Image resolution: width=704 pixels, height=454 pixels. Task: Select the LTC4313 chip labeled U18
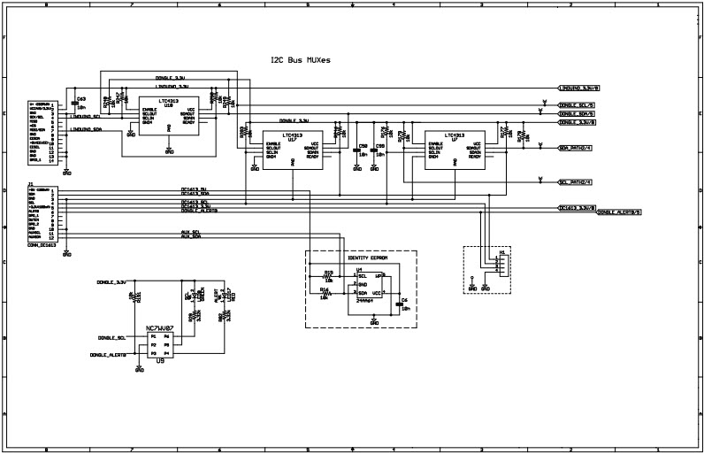(x=169, y=117)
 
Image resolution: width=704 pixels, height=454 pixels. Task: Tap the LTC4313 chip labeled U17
(x=292, y=148)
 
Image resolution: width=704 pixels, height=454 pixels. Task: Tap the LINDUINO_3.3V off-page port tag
(x=579, y=88)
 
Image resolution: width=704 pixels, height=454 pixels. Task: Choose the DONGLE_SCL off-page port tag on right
(x=577, y=105)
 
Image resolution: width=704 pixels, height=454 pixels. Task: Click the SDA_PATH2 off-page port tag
(x=576, y=148)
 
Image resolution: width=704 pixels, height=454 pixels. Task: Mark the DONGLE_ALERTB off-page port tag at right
(x=619, y=213)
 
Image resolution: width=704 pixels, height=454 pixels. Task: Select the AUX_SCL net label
(x=191, y=232)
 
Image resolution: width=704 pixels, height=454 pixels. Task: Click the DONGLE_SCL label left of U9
(x=112, y=337)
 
